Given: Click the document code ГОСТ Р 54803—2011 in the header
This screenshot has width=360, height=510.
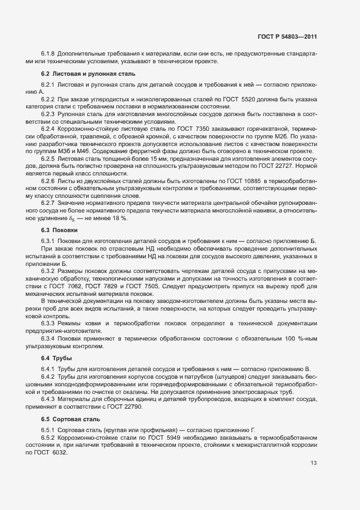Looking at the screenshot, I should (288, 37).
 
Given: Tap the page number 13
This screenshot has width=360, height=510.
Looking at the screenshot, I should (313, 464).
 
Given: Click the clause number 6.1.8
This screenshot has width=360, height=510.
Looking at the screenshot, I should (48, 54).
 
